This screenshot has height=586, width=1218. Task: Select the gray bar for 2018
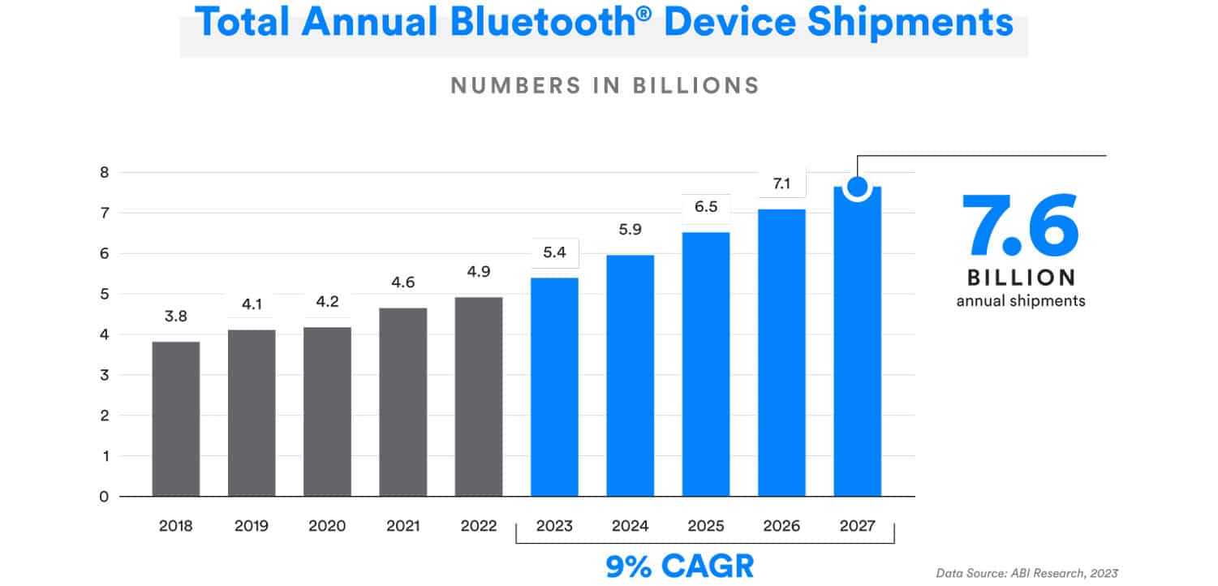(176, 419)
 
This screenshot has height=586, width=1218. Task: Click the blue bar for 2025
(706, 364)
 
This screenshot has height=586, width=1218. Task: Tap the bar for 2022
(479, 396)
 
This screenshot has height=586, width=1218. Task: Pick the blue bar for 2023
(554, 386)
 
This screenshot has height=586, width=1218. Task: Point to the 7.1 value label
(781, 184)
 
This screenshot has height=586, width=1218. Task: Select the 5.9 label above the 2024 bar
(631, 230)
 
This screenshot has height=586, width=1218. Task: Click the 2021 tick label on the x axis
(402, 526)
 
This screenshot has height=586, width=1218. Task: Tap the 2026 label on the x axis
(781, 526)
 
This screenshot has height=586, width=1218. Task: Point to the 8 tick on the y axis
(103, 172)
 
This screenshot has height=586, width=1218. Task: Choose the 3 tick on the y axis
(103, 375)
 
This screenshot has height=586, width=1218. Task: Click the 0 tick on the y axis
(103, 497)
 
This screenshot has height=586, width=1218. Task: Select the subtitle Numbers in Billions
(605, 85)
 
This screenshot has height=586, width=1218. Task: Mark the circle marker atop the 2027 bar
(857, 187)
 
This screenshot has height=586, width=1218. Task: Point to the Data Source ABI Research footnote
(1026, 574)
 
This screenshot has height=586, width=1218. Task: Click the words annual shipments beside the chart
(1020, 301)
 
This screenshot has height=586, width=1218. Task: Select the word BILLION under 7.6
(1020, 278)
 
